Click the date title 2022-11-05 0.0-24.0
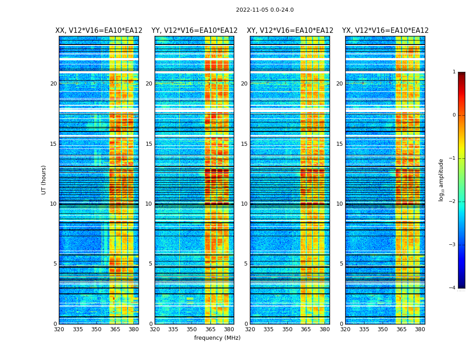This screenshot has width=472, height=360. [x=265, y=10]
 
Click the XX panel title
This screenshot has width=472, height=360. [x=99, y=31]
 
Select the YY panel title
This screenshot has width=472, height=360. [x=194, y=31]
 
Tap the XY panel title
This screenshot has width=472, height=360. [x=290, y=31]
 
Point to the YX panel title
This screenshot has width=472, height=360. [x=385, y=31]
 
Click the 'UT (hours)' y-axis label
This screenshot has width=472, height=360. [x=44, y=180]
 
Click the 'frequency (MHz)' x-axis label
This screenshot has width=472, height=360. [x=217, y=338]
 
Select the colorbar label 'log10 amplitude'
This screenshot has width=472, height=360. [x=441, y=180]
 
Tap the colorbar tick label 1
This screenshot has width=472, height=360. [x=454, y=72]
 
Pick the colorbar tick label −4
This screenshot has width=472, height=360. [x=453, y=288]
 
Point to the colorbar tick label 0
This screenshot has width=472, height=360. [x=454, y=115]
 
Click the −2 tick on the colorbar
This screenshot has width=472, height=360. [x=453, y=202]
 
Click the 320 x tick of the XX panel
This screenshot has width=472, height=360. [x=59, y=329]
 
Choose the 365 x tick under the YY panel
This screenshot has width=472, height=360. [x=210, y=329]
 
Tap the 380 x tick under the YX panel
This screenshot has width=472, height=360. [x=420, y=329]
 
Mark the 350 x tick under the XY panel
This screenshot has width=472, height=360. [x=287, y=329]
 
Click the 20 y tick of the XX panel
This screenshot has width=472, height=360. [x=53, y=84]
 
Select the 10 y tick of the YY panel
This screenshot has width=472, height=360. [x=149, y=204]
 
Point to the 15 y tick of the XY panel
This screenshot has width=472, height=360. [x=244, y=144]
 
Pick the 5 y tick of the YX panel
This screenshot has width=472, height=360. [x=341, y=264]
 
